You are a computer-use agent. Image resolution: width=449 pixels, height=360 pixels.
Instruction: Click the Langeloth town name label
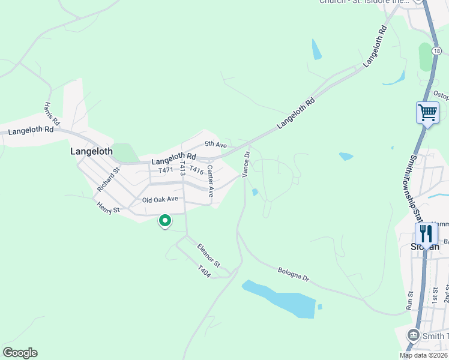(91, 151)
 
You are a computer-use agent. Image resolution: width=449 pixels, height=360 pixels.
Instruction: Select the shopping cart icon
(427, 112)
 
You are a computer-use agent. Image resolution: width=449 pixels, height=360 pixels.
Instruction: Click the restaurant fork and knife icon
(426, 233)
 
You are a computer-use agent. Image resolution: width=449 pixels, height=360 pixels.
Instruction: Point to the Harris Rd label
(52, 113)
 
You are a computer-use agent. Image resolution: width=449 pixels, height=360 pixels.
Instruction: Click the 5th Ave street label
(215, 144)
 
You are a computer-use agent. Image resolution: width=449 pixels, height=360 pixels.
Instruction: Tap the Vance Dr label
(246, 164)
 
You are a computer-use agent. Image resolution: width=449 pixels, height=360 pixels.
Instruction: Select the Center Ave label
(211, 181)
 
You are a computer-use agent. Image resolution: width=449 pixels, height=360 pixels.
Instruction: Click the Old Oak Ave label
(160, 199)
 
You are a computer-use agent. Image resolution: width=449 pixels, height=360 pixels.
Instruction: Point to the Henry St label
(109, 207)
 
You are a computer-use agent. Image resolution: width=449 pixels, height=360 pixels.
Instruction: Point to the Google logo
(20, 353)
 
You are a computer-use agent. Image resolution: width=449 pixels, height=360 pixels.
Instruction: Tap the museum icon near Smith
(413, 335)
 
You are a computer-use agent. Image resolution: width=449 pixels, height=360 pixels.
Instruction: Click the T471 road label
(166, 170)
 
